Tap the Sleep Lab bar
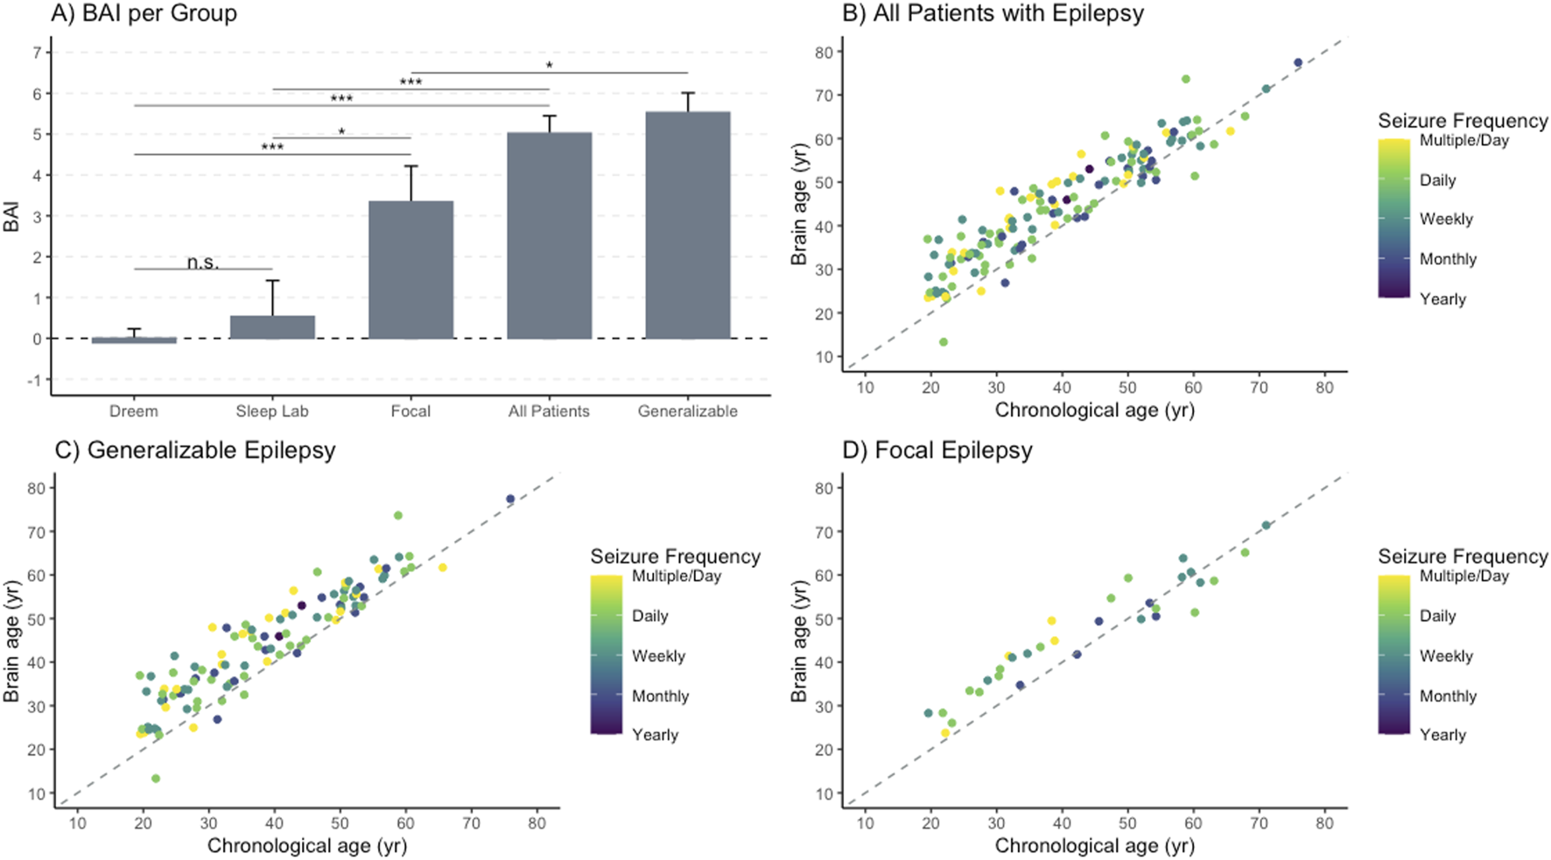click(272, 327)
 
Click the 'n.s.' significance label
click(203, 262)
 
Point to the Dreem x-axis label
click(134, 411)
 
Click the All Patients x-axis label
click(549, 411)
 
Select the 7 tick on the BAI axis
click(36, 52)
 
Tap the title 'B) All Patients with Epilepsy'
click(993, 13)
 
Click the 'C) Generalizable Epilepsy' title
click(194, 450)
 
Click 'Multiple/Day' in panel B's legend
click(1463, 141)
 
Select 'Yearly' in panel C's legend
click(655, 735)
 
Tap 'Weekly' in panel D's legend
click(1446, 656)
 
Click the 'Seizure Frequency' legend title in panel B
click(1463, 120)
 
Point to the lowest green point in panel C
click(156, 779)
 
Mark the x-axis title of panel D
click(1094, 846)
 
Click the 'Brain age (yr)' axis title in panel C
click(11, 640)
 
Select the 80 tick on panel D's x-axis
click(1324, 823)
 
